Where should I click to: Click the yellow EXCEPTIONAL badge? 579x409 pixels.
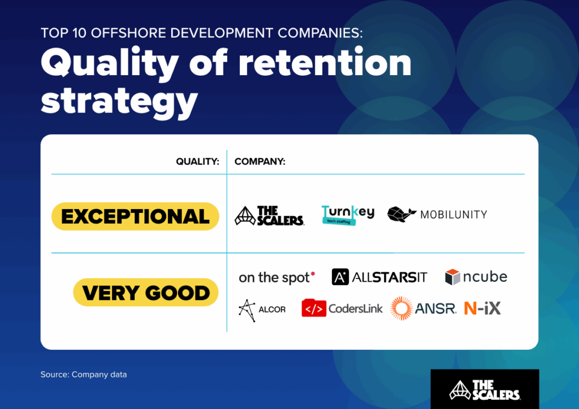coord(135,216)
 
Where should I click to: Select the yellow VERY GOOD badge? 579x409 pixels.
coord(146,293)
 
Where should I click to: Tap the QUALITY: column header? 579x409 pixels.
coord(197,162)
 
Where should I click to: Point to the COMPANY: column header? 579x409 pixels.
coord(260,162)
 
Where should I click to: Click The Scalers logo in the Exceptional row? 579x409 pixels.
coord(269,216)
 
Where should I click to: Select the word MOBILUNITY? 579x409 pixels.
coord(453,215)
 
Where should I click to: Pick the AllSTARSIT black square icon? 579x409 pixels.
coord(340,277)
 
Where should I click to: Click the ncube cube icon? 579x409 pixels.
coord(453,277)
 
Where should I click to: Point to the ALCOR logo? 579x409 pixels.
coord(262,309)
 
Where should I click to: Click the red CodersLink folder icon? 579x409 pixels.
coord(314,308)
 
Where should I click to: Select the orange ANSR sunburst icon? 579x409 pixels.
coord(402,308)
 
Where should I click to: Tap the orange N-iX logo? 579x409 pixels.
coord(482,308)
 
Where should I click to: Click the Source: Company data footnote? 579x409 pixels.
coord(84,375)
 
